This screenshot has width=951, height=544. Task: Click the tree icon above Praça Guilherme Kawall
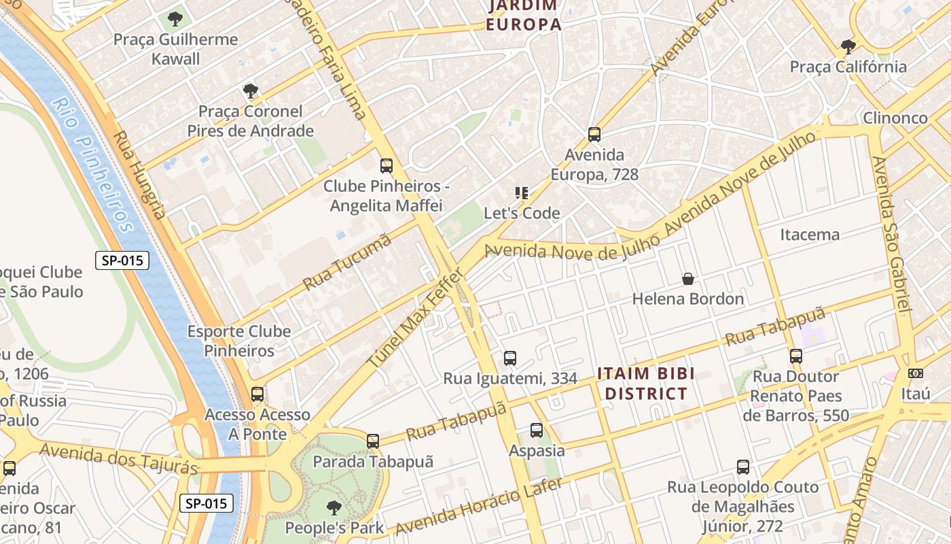point(175,18)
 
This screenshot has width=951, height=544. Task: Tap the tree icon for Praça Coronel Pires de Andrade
point(251,90)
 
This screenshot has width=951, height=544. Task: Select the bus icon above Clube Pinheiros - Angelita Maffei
point(387,165)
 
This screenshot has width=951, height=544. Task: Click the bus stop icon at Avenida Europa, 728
point(594,135)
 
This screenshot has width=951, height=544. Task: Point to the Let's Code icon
point(522,193)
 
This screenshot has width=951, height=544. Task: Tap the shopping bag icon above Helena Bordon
point(688,279)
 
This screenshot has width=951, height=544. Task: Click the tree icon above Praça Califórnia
point(848,47)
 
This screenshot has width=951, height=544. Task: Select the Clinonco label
point(895,118)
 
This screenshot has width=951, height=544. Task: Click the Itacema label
point(809,235)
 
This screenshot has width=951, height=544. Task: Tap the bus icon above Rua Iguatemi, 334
point(510,358)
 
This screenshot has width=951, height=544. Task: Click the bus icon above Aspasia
point(537,430)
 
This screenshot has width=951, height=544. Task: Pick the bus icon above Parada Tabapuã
point(373,441)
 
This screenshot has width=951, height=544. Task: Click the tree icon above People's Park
point(334,507)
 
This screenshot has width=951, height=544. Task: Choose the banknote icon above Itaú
point(915,373)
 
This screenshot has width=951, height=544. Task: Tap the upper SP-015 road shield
point(122,260)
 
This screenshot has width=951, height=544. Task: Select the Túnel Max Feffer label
point(415,317)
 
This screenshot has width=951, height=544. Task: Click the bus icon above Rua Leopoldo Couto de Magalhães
point(743,467)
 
